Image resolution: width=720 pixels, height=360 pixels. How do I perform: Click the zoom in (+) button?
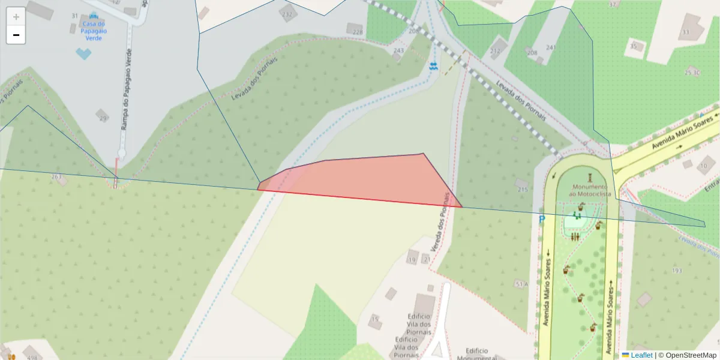coord(16,17)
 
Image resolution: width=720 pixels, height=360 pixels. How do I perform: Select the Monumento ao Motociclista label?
coord(590,190)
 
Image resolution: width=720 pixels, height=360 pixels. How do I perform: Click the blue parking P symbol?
coord(542,220)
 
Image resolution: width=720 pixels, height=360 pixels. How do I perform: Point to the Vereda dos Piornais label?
coord(440,222)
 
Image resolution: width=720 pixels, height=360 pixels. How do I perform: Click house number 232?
coord(288,14)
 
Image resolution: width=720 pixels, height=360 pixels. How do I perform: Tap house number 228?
coord(358,32)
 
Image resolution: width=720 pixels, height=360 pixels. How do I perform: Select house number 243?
coord(398,51)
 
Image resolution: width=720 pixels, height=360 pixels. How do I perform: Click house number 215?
coord(522,190)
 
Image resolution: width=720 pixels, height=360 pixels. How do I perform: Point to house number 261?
coord(56,177)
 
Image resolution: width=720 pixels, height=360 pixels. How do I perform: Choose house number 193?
coord(677,271)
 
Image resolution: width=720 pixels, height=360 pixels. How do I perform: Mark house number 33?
coord(685,32)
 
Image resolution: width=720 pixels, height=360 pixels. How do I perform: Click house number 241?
coord(551,47)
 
